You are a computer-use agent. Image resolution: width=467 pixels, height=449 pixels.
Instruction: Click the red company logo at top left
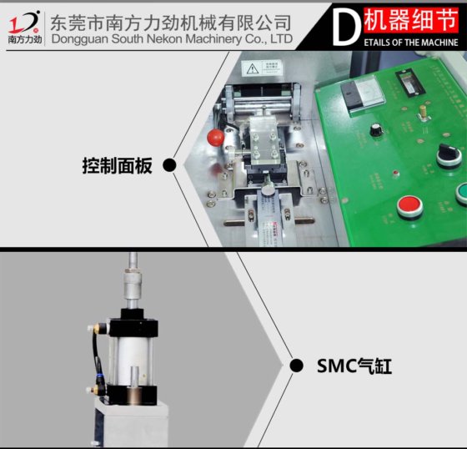23,20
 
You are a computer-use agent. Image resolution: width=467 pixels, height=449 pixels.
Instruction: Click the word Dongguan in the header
80,38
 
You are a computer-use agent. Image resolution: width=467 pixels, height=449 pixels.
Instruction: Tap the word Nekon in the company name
166,38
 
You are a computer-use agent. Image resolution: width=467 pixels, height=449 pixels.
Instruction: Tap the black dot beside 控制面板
169,165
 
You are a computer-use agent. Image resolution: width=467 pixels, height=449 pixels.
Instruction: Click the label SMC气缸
354,366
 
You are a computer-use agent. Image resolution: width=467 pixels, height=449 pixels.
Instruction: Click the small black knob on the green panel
374,129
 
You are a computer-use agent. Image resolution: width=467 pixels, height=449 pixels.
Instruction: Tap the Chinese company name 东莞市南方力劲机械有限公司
171,21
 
